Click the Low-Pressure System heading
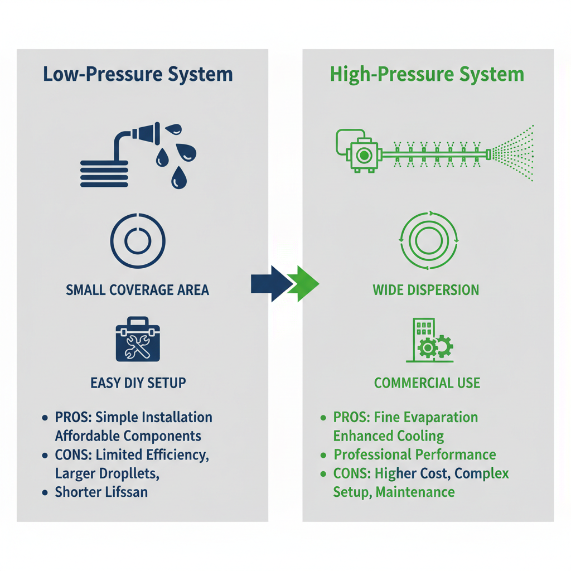138,74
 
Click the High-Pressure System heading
427,74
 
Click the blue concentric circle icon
138,240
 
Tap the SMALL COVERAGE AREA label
138,290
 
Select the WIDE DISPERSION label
426,290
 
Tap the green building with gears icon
429,341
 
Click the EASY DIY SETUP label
138,383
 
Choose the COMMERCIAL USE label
427,383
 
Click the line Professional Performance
415,454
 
